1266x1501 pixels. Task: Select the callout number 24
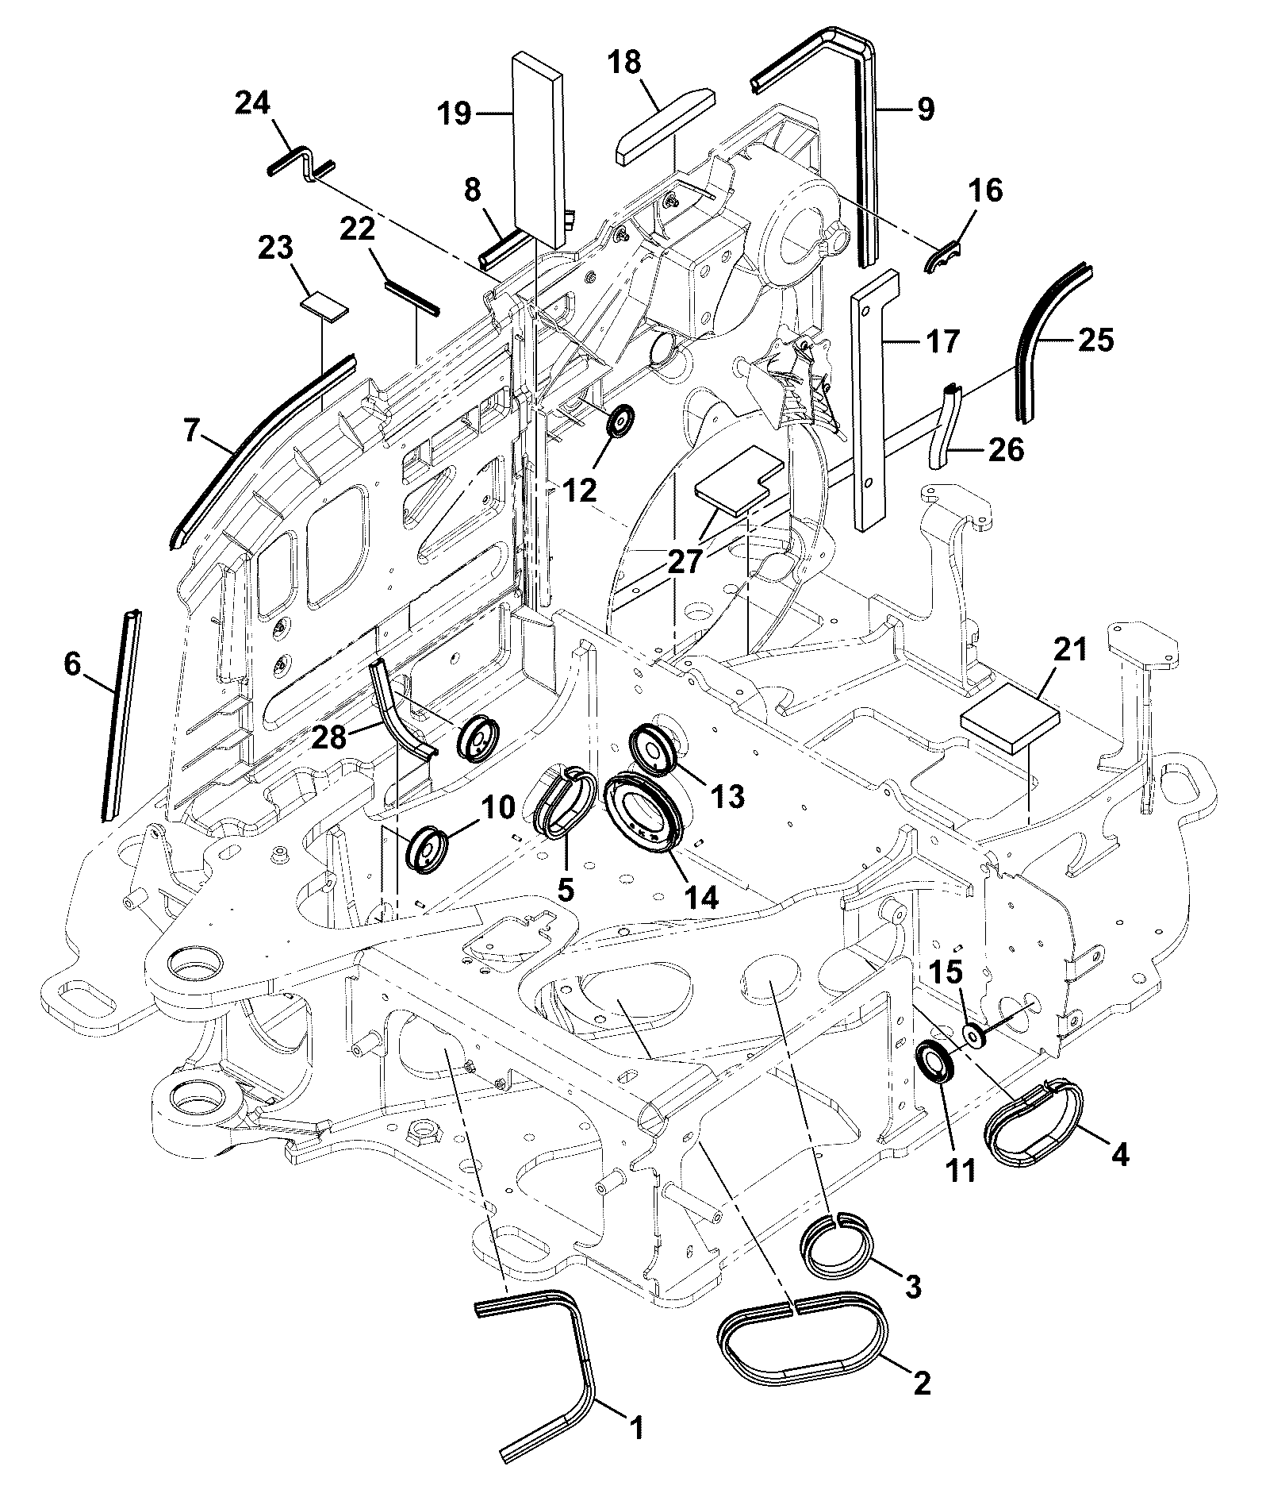point(253,103)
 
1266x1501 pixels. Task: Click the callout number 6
point(72,664)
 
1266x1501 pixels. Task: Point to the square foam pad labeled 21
point(1010,718)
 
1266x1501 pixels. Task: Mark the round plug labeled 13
point(654,746)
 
